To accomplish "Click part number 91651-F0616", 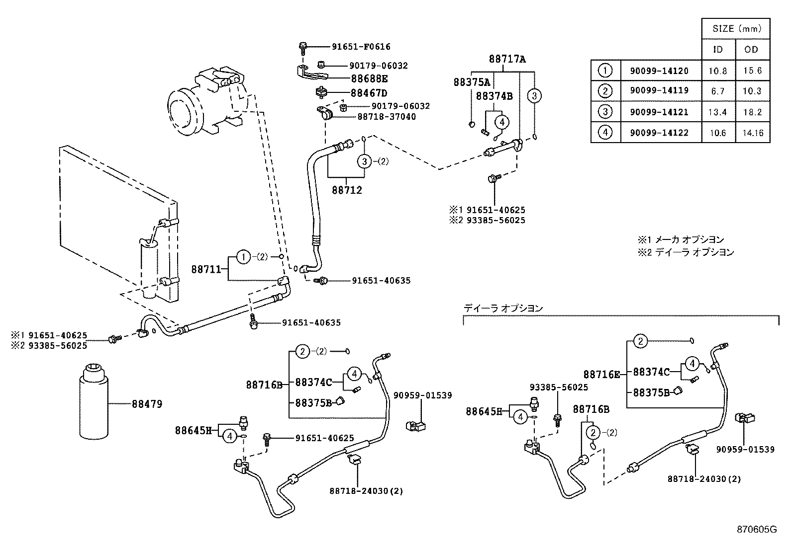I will point(361,47).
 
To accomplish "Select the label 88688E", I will point(369,78).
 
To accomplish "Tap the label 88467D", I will point(369,93).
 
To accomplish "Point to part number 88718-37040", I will point(387,117).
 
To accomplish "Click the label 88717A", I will point(507,59).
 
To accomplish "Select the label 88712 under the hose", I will point(347,190).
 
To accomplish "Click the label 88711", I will point(206,269).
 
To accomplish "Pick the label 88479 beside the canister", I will point(147,404).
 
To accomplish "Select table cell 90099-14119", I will point(659,91).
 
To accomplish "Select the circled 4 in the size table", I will point(605,133).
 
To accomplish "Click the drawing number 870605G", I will point(756,529).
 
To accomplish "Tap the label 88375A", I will point(471,82).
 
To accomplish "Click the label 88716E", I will point(601,375).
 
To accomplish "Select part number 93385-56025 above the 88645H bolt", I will point(558,387).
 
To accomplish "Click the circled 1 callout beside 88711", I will point(243,257).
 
